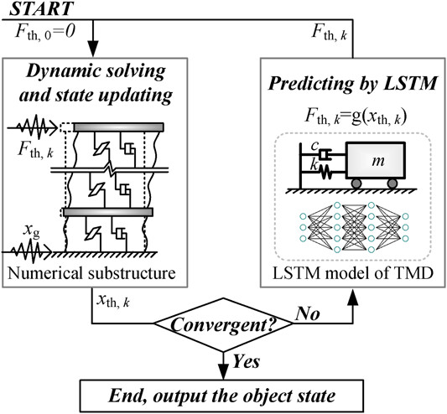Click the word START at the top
click(x=42, y=8)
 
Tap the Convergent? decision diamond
click(x=223, y=324)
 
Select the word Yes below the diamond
click(x=247, y=362)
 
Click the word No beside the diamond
click(x=307, y=314)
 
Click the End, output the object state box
click(x=221, y=396)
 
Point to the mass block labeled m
click(x=376, y=160)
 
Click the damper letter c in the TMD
click(x=314, y=146)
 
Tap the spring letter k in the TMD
click(x=314, y=165)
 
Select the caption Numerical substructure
click(x=91, y=273)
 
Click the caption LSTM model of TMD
click(x=353, y=273)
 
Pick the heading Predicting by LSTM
click(x=352, y=84)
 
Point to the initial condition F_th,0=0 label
click(x=45, y=32)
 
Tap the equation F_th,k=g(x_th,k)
click(x=356, y=116)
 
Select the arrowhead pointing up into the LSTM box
click(x=353, y=298)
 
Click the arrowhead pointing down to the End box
click(x=223, y=371)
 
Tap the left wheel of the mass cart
click(x=356, y=184)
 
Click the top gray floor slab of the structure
click(x=118, y=127)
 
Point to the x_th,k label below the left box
click(x=113, y=301)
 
